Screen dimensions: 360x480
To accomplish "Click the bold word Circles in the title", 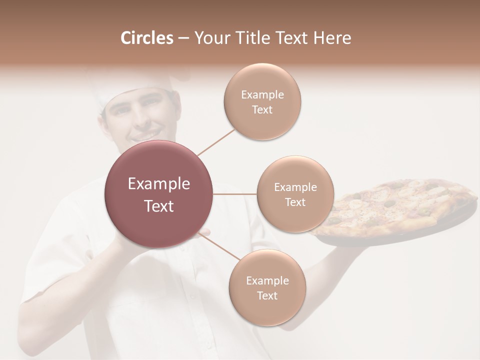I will [x=147, y=38].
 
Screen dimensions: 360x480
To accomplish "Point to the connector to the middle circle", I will [x=235, y=194].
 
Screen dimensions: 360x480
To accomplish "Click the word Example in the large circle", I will [x=158, y=184].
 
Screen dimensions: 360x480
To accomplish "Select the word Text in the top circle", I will [x=262, y=109].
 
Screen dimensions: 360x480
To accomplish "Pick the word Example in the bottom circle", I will [x=267, y=280].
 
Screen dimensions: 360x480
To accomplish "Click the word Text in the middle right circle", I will [x=295, y=202].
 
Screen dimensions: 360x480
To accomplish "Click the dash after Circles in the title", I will [x=183, y=38].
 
